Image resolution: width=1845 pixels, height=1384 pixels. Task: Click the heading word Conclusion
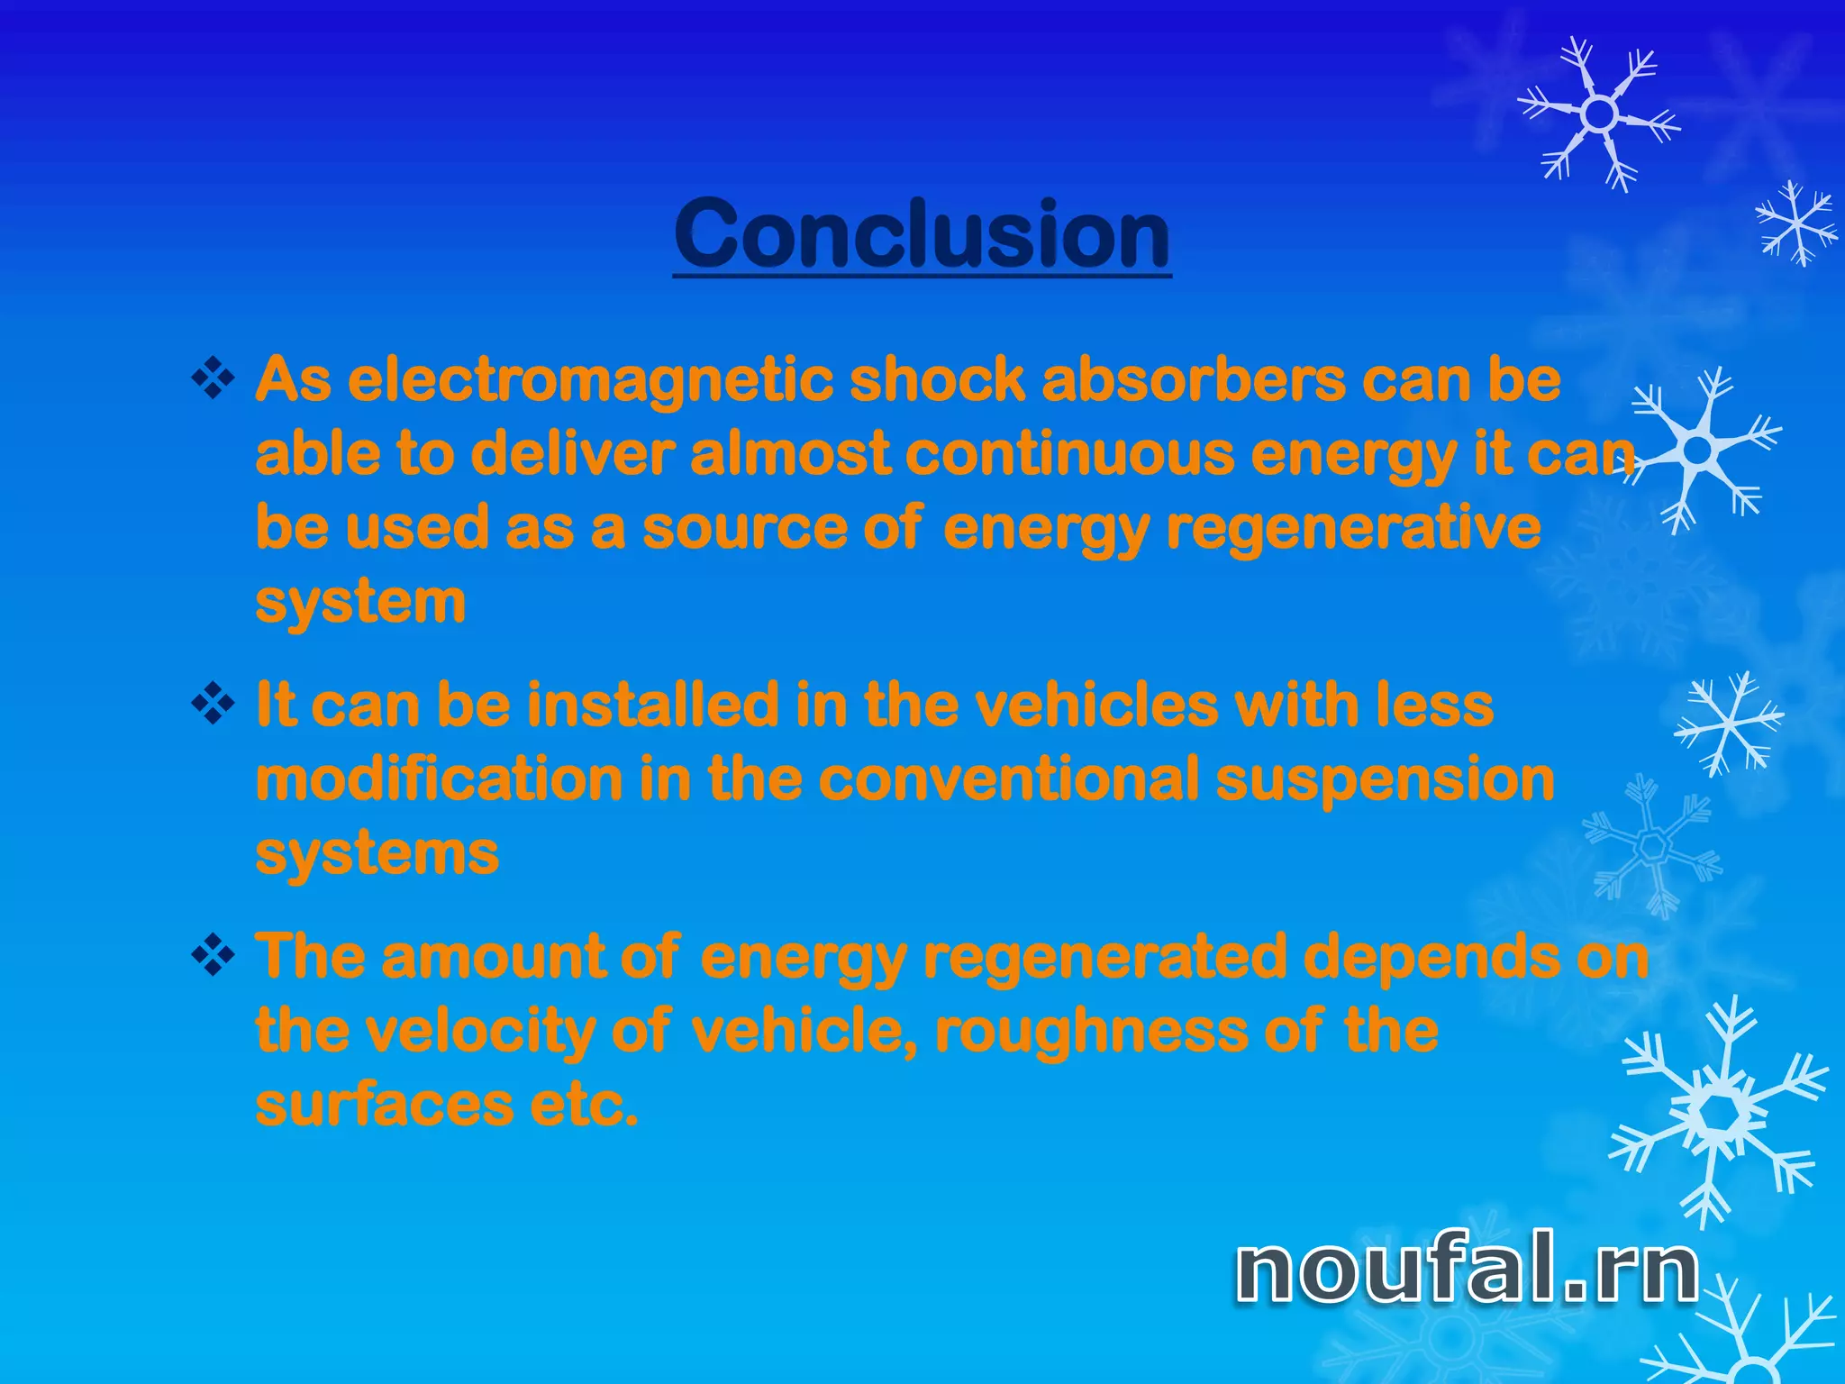922,233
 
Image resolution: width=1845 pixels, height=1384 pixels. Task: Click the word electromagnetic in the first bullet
589,379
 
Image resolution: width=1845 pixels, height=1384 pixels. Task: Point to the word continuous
1069,453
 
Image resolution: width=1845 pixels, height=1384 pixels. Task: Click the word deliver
573,453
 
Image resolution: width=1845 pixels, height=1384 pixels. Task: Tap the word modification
439,778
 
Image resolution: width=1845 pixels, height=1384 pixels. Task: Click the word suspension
1385,780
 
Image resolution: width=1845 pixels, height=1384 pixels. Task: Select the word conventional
1009,778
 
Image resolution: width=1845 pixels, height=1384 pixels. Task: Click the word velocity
469,1031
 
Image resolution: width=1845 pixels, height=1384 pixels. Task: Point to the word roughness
1092,1031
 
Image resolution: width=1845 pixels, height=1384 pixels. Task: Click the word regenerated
1105,957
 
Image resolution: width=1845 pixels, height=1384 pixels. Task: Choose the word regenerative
1353,528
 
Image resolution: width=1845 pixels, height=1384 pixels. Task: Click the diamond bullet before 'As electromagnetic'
214,378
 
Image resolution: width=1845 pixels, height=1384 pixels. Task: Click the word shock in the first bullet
938,379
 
